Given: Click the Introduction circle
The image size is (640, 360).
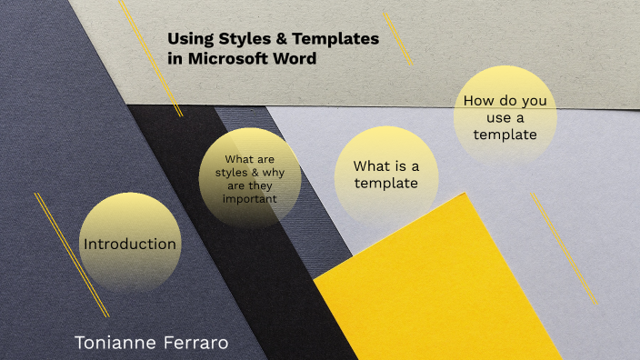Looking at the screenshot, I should coord(130,243).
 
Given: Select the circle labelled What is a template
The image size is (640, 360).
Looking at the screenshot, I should coord(385,175).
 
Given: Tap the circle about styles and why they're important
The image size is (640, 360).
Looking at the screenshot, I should coord(249,178).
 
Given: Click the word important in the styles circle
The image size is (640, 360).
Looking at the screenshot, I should coord(248,198).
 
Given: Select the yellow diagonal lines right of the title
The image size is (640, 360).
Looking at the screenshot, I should coord(397,38).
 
